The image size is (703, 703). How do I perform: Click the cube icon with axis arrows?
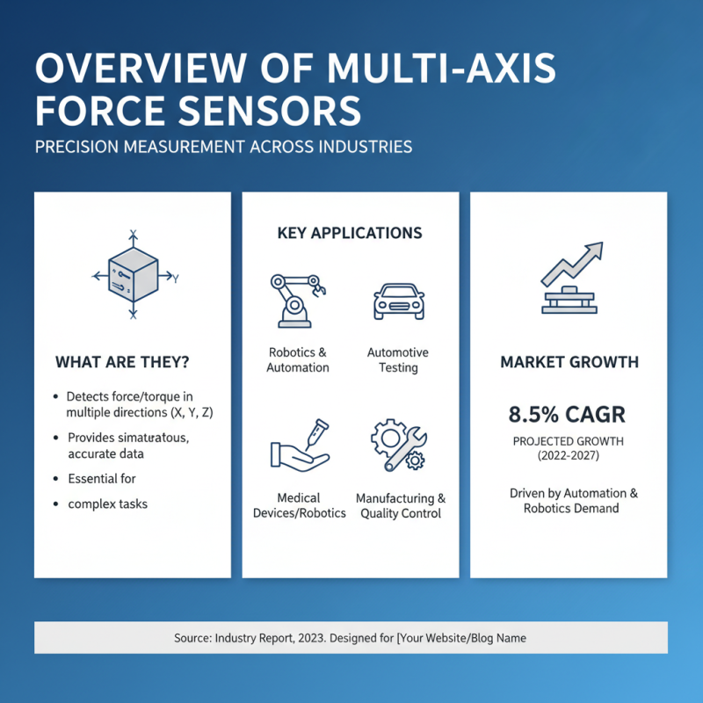(133, 275)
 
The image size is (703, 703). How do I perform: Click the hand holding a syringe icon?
(299, 445)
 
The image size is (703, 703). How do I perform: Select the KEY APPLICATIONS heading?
(350, 233)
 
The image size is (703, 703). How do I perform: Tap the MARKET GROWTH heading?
(569, 362)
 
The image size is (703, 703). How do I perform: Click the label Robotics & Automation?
(298, 359)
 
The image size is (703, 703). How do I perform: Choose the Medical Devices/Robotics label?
(299, 505)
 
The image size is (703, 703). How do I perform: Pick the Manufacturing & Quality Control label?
(401, 505)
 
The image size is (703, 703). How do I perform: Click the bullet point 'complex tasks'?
(108, 504)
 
